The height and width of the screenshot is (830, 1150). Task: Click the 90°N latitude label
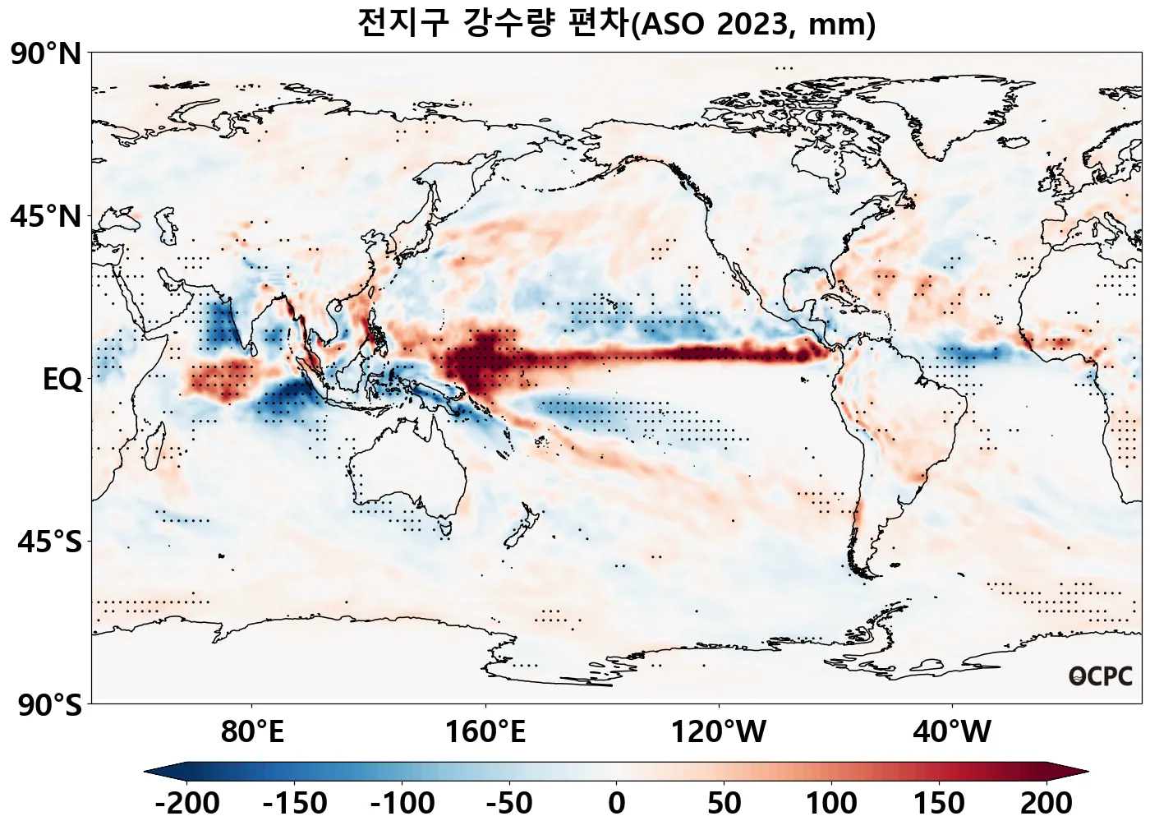46,55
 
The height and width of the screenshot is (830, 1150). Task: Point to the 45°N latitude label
46,217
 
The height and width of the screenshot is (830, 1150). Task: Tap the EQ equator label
62,380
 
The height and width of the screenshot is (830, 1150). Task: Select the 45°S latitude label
49,542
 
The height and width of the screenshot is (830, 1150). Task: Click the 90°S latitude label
49,704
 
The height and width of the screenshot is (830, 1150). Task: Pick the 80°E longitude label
252,731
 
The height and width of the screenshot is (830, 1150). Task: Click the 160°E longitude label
485,731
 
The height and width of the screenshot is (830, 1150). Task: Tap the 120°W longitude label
719,731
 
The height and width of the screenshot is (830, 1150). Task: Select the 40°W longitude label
952,731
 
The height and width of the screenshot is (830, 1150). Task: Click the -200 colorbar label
187,803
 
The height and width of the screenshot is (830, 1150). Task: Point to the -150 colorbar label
295,803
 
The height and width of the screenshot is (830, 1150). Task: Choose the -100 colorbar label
402,803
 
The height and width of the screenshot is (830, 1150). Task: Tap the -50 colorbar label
509,803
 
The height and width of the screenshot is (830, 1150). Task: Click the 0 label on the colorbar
617,803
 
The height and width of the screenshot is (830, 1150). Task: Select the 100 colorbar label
831,803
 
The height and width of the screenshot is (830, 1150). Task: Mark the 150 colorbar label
939,803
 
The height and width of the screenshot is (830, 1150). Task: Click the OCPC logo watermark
1101,676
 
